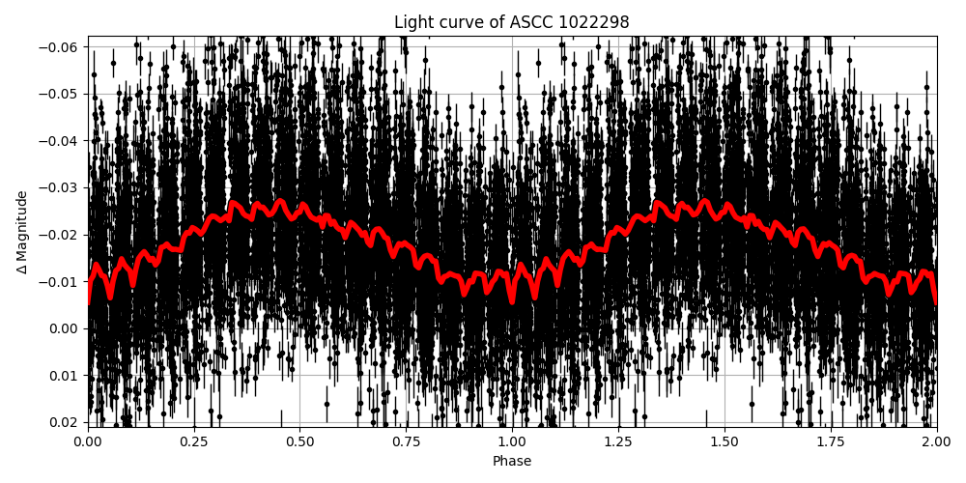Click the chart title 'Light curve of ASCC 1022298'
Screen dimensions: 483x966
pyautogui.click(x=511, y=22)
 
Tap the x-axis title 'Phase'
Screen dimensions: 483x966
pyautogui.click(x=511, y=462)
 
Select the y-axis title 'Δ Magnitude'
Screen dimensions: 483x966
pyautogui.click(x=22, y=232)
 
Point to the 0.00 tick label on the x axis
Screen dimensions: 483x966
pyautogui.click(x=88, y=442)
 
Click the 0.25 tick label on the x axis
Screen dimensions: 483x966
pyautogui.click(x=194, y=442)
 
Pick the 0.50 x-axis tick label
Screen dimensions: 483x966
pyautogui.click(x=299, y=442)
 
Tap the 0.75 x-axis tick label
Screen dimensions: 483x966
pyautogui.click(x=406, y=442)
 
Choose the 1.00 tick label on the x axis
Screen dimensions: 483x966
pyautogui.click(x=512, y=442)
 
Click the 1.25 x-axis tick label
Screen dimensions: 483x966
pyautogui.click(x=618, y=442)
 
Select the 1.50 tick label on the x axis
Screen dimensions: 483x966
pyautogui.click(x=724, y=442)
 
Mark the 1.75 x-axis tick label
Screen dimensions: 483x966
pyautogui.click(x=831, y=442)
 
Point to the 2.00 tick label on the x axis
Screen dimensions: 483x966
pyautogui.click(x=936, y=442)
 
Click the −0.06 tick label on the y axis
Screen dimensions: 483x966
pyautogui.click(x=61, y=47)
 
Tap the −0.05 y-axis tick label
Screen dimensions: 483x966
pyautogui.click(x=61, y=94)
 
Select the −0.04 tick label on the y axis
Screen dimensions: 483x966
pyautogui.click(x=61, y=141)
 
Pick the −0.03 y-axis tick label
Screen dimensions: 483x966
pyautogui.click(x=61, y=187)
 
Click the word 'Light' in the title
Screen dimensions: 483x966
pyautogui.click(x=412, y=22)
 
